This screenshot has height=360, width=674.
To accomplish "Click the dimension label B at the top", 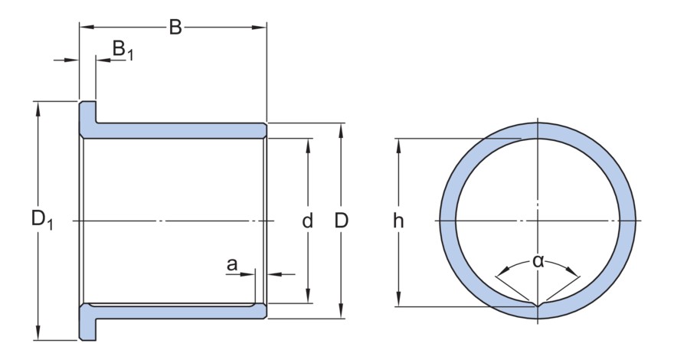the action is coord(175,28).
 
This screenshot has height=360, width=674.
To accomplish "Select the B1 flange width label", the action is coord(123,50).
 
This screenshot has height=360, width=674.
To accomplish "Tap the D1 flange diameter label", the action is coord(41,220).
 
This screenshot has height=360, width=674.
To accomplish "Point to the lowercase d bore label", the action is coord(307,221).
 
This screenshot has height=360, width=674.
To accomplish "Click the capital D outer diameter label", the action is coord(342,221).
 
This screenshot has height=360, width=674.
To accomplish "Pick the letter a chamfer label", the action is coord(231,264).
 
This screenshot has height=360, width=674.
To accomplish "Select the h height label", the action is coord(398,221).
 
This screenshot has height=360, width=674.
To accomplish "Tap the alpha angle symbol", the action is coord(538,260).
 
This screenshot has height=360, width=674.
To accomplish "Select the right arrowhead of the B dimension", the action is coord(259,28).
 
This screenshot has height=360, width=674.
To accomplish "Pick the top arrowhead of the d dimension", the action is coord(308,146).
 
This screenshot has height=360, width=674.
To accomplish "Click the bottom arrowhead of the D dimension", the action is coord(341,312).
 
